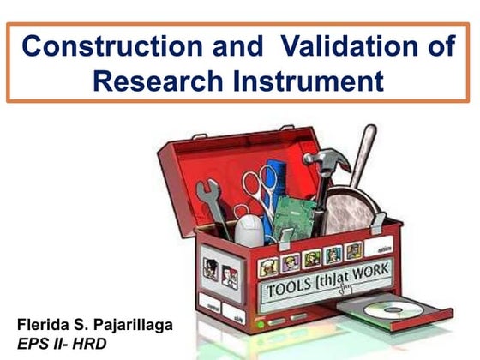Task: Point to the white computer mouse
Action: (x=249, y=230)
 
